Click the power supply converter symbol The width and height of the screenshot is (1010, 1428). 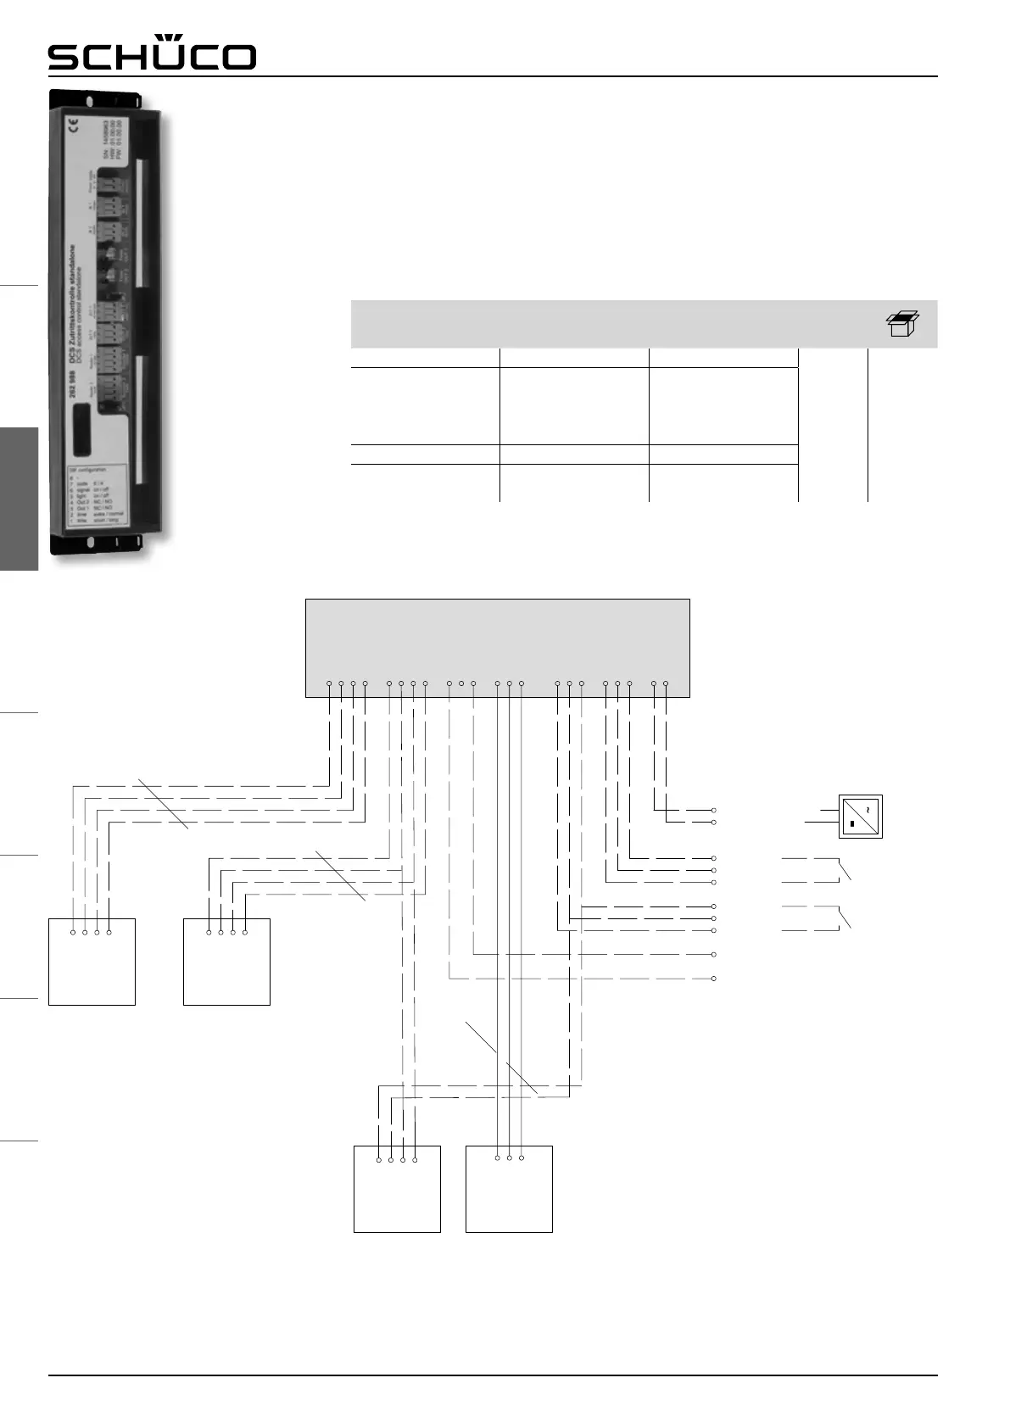(861, 817)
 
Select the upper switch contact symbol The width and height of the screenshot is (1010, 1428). (844, 870)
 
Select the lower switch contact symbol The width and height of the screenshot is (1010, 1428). (844, 918)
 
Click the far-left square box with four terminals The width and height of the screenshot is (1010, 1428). (92, 962)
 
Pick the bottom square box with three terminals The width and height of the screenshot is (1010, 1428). (509, 1189)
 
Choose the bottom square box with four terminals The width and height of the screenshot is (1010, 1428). (397, 1189)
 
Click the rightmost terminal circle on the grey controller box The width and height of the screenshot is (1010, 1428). (666, 683)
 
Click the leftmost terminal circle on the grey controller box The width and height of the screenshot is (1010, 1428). (329, 683)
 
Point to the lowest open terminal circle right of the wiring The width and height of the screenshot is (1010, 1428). (714, 979)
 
